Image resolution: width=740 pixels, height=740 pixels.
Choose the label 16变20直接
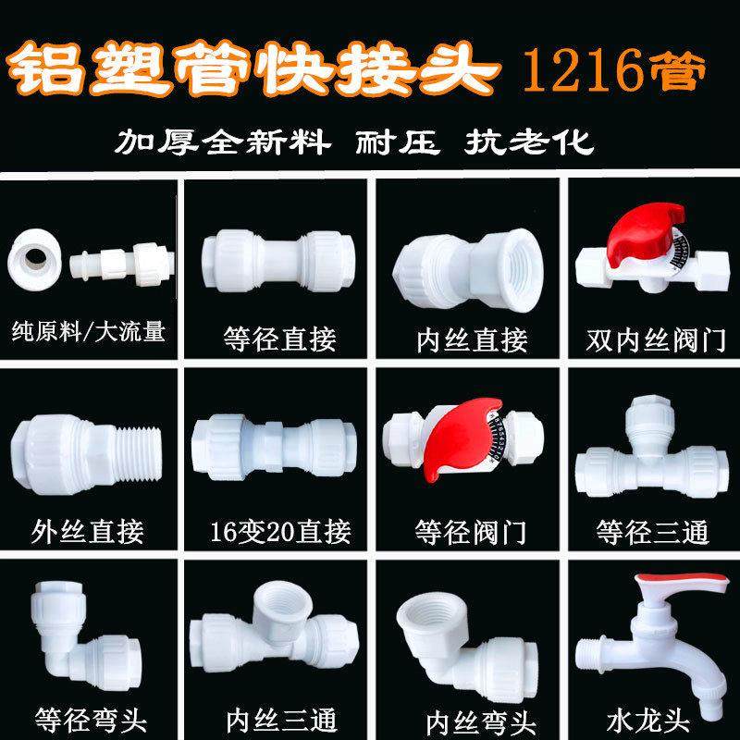(x=279, y=531)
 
